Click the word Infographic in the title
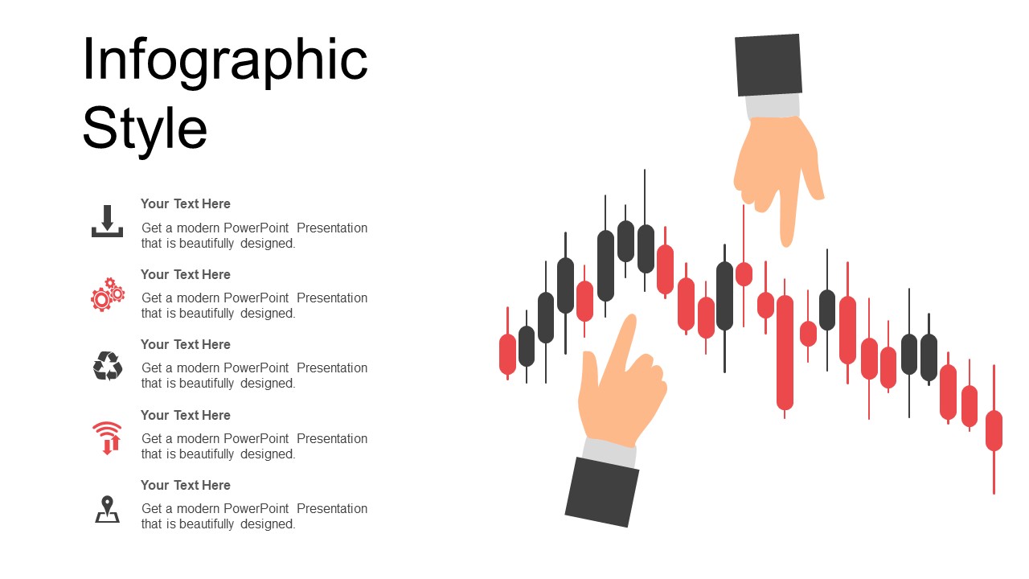tap(225, 62)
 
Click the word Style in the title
tap(145, 129)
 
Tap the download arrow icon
tap(107, 221)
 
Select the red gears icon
tap(108, 294)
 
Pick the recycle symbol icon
tap(108, 366)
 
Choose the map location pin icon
tap(107, 509)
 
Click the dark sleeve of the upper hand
tap(768, 65)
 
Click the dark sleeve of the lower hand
tap(602, 492)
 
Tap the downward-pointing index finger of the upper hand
tap(789, 211)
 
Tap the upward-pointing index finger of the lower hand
tap(619, 348)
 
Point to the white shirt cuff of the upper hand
tap(773, 106)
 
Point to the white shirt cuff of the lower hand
tap(609, 452)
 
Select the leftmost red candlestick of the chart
tap(507, 355)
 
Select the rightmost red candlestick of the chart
tap(994, 430)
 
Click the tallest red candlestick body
tap(785, 352)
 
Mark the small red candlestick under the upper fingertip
tap(744, 274)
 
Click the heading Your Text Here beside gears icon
tap(186, 274)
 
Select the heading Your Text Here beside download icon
tap(186, 203)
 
